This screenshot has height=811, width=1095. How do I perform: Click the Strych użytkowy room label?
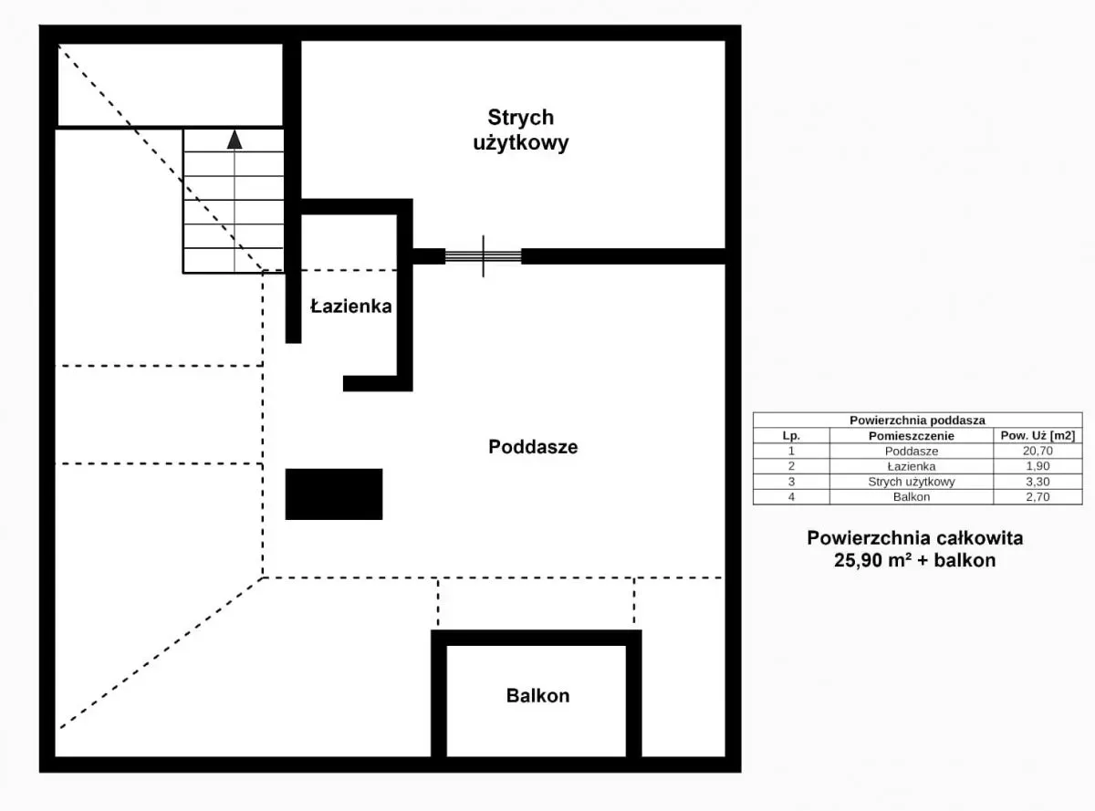(521, 130)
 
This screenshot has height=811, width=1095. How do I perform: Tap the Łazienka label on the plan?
(351, 307)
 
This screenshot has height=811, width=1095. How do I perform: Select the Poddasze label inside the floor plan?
(533, 447)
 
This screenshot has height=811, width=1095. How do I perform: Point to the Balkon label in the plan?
(537, 695)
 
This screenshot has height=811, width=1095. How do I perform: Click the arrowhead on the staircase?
(235, 140)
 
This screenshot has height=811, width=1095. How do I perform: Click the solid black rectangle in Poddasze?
(334, 494)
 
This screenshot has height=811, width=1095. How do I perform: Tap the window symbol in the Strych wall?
(484, 256)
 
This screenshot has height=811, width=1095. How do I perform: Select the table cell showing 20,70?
(1038, 451)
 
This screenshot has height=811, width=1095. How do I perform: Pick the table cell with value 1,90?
(1038, 466)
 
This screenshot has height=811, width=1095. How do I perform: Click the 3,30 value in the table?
(1038, 482)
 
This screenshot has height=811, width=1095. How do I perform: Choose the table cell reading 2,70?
(1038, 496)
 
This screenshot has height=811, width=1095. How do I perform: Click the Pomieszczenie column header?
(912, 436)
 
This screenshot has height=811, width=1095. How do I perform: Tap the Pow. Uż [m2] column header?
(1038, 435)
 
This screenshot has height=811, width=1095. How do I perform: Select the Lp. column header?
(791, 436)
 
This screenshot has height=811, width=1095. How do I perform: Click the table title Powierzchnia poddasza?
(917, 420)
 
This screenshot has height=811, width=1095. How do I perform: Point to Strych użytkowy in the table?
(912, 482)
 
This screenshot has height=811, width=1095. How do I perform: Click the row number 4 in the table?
(791, 496)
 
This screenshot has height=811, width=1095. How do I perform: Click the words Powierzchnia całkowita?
(915, 537)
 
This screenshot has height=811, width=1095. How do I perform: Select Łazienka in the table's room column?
(912, 466)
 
